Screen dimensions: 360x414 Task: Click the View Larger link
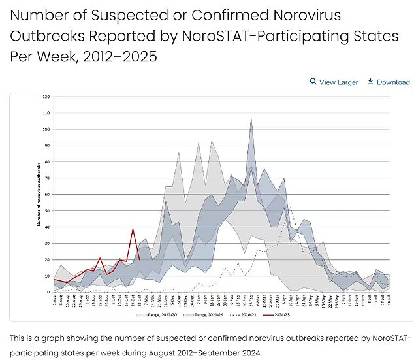coord(338,82)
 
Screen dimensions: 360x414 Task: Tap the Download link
coord(392,82)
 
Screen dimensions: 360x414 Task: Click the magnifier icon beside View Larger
coord(313,82)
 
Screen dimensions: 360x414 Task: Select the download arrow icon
coord(370,82)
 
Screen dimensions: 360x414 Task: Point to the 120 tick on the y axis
coord(46,97)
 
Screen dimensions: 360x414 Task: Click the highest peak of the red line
coord(133,229)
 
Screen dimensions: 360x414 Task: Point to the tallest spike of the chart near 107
coord(251,118)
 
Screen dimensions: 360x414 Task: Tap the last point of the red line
coord(140,259)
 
